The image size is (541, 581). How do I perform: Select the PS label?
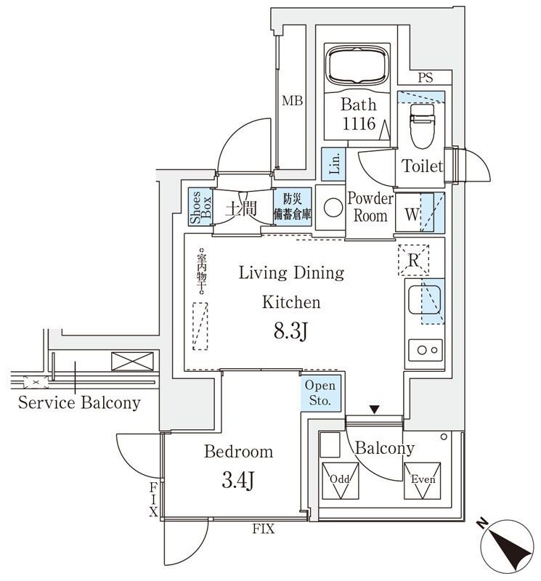[x=426, y=78]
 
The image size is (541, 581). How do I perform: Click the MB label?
[x=292, y=100]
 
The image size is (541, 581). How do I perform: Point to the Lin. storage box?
[x=333, y=163]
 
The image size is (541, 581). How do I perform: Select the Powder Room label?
[x=370, y=207]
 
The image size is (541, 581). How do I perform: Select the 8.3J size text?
[x=292, y=333]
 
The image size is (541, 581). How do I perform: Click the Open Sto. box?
[x=320, y=393]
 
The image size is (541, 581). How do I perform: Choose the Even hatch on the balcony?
[x=422, y=481]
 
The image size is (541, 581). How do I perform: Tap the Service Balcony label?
[x=79, y=402]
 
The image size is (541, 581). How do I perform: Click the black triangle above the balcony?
[x=374, y=411]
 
